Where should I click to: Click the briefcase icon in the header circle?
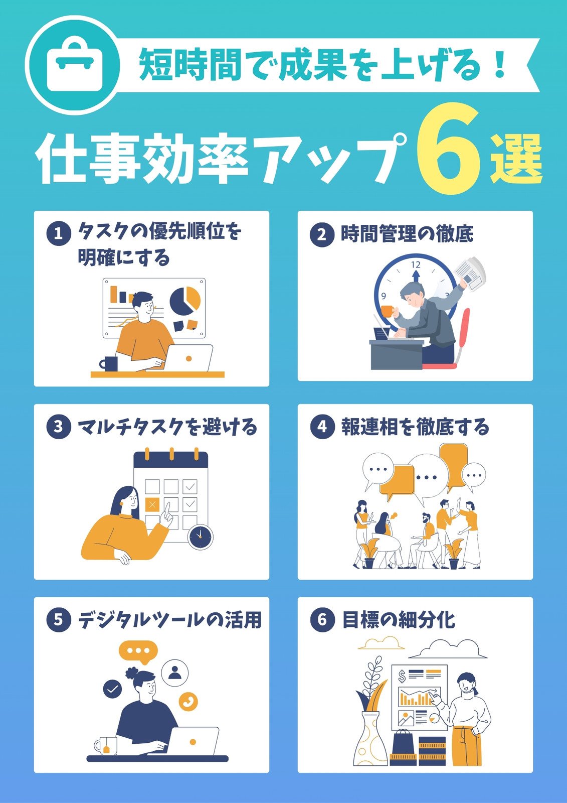tap(75, 68)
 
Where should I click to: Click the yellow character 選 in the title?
tap(516, 160)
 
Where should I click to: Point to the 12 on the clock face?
tap(416, 265)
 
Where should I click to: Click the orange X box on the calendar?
tap(152, 505)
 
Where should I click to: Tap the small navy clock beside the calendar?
tap(201, 537)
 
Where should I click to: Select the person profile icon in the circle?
tap(175, 673)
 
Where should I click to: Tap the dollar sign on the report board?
tap(402, 676)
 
